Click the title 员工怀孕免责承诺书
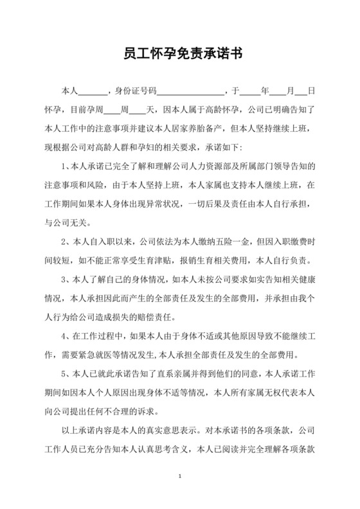179,53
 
